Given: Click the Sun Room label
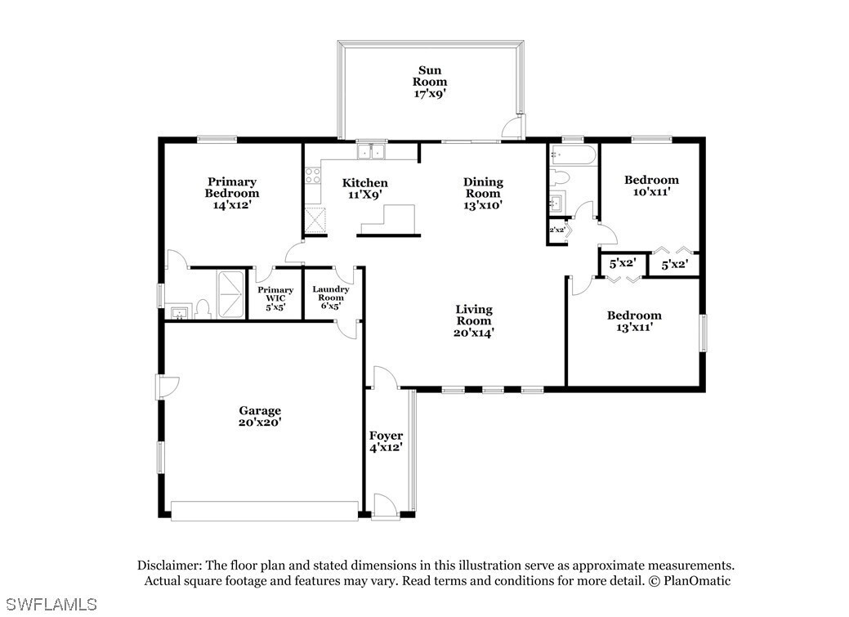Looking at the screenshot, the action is point(430,82).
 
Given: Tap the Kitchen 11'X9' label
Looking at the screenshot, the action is point(365,189).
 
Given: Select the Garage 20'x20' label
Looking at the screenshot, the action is point(260,417).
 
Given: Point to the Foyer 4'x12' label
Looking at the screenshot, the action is point(386,441).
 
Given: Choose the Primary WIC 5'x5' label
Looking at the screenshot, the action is point(275,298).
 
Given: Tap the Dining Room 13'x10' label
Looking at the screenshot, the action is point(483,194).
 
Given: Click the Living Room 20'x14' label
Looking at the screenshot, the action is point(474,320).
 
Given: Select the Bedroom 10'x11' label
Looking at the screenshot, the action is point(651,186).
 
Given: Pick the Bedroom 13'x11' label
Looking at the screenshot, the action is point(634,321).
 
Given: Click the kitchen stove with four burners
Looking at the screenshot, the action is point(312,176).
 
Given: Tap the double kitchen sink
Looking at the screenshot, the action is point(371,151).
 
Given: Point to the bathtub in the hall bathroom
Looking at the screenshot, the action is point(573,155).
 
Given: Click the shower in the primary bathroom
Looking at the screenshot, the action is point(230,295).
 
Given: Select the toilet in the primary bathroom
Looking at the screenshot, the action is point(203,310).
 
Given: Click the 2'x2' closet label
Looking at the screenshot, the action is point(557,230).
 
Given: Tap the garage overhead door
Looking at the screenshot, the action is point(265,511).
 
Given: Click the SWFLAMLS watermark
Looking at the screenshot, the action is point(49,604).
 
